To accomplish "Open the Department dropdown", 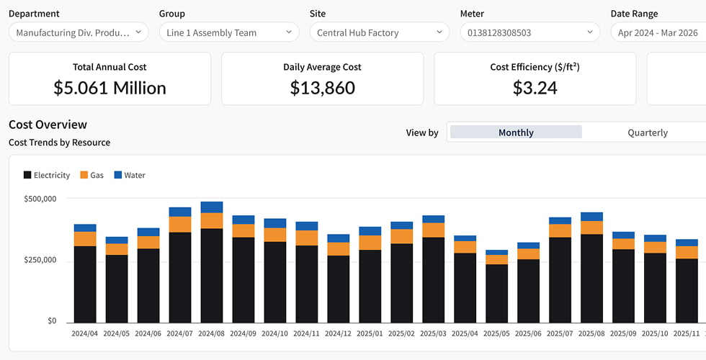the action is pos(79,32).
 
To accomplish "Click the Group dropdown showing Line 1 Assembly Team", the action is pos(229,32).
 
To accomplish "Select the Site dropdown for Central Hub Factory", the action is pos(379,32).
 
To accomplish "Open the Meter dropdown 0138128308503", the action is pos(529,32).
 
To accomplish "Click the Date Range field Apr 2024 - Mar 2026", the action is pos(658,32).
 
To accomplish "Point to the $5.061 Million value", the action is pos(110,88).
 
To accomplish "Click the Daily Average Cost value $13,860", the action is pos(323,88).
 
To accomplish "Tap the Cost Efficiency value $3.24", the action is pos(535,88).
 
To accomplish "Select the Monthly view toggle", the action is pos(516,132).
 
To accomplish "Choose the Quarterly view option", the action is pos(648,132).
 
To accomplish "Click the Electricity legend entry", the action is pos(47,175).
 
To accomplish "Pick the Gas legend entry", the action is pos(92,175).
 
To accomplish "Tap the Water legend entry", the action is pos(130,175).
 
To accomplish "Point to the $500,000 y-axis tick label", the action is pos(40,199).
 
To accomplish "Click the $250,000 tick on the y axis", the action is pos(40,260).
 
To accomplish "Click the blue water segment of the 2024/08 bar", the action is pos(212,207).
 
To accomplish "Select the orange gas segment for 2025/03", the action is pos(433,230).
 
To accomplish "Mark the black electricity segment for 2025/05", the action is pos(496,294).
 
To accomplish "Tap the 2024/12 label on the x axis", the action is pos(338,334).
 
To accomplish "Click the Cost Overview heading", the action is pos(48,124).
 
